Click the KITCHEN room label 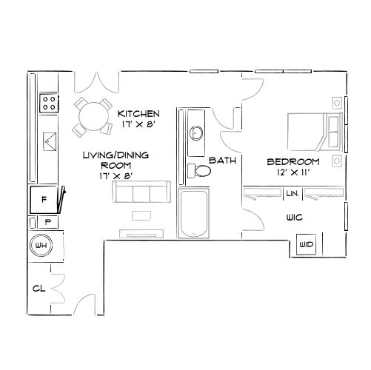pyautogui.click(x=138, y=113)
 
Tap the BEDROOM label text pyautogui.click(x=293, y=161)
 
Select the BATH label pyautogui.click(x=222, y=160)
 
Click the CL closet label pyautogui.click(x=39, y=289)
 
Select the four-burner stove pyautogui.click(x=50, y=102)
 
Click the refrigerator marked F pyautogui.click(x=44, y=199)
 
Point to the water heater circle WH pyautogui.click(x=40, y=244)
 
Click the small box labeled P pyautogui.click(x=47, y=221)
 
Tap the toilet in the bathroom pyautogui.click(x=199, y=171)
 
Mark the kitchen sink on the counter pyautogui.click(x=50, y=140)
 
